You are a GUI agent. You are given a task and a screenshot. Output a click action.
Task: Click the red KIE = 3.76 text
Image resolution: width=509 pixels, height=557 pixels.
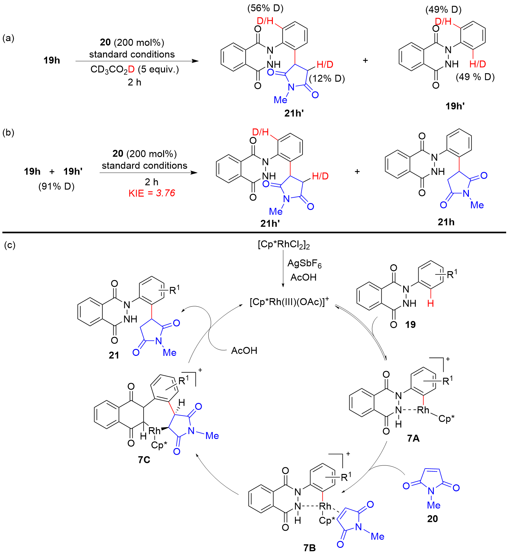pyautogui.click(x=152, y=193)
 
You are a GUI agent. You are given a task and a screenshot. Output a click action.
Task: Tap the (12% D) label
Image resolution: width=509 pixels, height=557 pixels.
pyautogui.click(x=327, y=78)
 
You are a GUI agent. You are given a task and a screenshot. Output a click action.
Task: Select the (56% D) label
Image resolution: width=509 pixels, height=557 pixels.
pyautogui.click(x=265, y=8)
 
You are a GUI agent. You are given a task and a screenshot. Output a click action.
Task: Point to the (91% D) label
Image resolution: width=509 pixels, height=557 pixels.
pyautogui.click(x=56, y=186)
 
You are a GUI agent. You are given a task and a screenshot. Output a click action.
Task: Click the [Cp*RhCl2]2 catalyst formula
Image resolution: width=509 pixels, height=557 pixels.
pyautogui.click(x=284, y=245)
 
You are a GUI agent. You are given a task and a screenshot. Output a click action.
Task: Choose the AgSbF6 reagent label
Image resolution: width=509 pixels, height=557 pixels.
pyautogui.click(x=304, y=263)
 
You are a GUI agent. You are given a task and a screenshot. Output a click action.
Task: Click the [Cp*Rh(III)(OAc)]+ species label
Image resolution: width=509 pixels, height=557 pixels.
pyautogui.click(x=289, y=302)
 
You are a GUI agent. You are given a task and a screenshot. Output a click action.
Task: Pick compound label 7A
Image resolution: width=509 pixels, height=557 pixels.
pyautogui.click(x=413, y=438)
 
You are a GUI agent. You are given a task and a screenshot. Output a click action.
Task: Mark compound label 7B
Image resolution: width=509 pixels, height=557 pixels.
pyautogui.click(x=310, y=548)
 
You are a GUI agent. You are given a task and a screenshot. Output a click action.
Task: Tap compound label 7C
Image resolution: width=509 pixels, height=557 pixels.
pyautogui.click(x=144, y=460)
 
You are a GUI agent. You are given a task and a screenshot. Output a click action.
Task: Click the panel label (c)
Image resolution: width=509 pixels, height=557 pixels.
pyautogui.click(x=9, y=245)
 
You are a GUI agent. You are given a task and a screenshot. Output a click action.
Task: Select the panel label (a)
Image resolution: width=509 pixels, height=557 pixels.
pyautogui.click(x=8, y=38)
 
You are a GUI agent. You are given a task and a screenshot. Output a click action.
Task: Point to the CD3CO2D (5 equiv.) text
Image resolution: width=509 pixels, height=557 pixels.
pyautogui.click(x=135, y=69)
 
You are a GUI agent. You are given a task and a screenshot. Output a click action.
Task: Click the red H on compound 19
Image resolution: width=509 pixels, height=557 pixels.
pyautogui.click(x=430, y=303)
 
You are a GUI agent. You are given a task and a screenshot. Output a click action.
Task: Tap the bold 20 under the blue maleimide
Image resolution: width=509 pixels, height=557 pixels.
pyautogui.click(x=432, y=518)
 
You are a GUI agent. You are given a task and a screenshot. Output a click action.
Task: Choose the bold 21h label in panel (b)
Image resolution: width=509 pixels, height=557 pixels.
pyautogui.click(x=446, y=222)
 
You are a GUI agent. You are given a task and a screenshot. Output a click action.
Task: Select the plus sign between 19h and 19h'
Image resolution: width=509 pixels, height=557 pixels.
pyautogui.click(x=52, y=171)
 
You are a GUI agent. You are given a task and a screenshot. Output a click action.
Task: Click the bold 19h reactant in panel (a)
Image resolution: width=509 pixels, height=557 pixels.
pyautogui.click(x=52, y=60)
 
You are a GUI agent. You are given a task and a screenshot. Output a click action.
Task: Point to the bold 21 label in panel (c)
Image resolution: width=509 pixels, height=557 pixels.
pyautogui.click(x=114, y=355)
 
